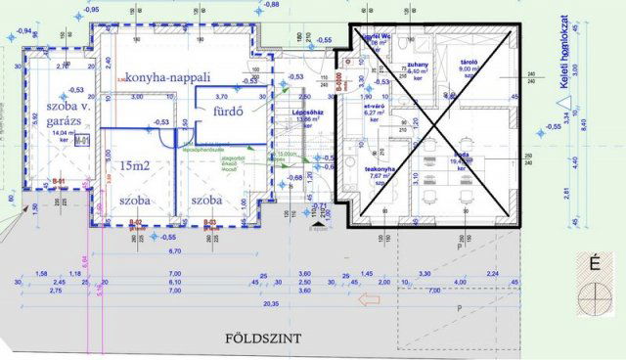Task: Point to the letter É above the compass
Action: [594, 262]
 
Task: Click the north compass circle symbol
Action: [594, 296]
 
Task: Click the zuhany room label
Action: [419, 66]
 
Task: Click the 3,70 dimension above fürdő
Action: [221, 97]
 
